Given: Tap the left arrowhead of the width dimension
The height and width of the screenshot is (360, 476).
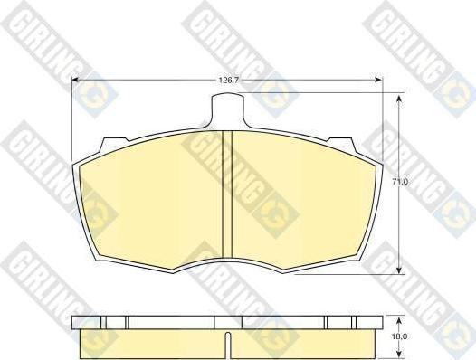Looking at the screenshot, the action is [x=75, y=80].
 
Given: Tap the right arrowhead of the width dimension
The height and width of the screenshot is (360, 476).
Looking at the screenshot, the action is [x=379, y=80].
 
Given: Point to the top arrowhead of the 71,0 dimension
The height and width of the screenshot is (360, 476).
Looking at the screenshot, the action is [x=399, y=99].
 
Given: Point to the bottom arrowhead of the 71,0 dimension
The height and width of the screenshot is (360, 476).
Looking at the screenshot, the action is [x=399, y=270].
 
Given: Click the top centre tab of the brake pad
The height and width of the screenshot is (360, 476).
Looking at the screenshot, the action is [x=227, y=109].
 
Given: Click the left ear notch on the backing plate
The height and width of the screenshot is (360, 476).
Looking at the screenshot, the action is [x=114, y=144].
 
